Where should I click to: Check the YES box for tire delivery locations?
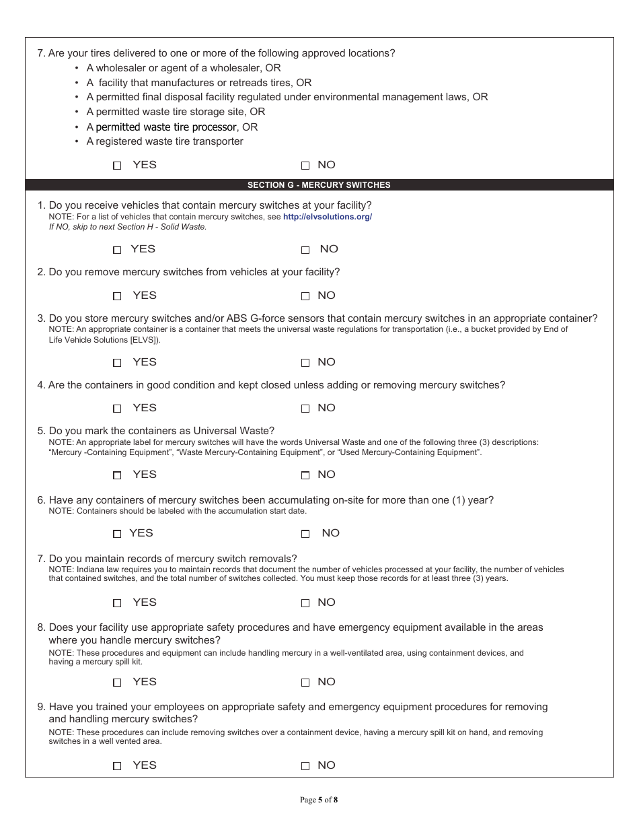pyautogui.click(x=117, y=166)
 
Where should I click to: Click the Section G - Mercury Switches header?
pyautogui.click(x=319, y=185)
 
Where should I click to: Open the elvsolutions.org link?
pyautogui.click(x=327, y=217)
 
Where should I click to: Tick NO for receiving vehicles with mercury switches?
pyautogui.click(x=305, y=250)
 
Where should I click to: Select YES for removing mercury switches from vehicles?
pyautogui.click(x=117, y=296)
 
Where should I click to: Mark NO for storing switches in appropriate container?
pyautogui.click(x=305, y=363)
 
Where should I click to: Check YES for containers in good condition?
pyautogui.click(x=117, y=409)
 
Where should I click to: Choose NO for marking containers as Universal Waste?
pyautogui.click(x=305, y=475)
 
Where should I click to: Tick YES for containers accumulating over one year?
pyautogui.click(x=117, y=534)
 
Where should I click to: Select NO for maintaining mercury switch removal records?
pyautogui.click(x=305, y=603)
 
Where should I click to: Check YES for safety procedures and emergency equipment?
pyautogui.click(x=117, y=683)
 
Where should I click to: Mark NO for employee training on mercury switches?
pyautogui.click(x=305, y=766)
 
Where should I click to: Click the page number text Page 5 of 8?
pyautogui.click(x=319, y=800)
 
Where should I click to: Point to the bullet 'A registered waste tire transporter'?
pyautogui.click(x=165, y=141)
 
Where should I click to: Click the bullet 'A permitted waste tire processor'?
pyautogui.click(x=172, y=127)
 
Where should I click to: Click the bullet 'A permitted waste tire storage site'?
pyautogui.click(x=176, y=112)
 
